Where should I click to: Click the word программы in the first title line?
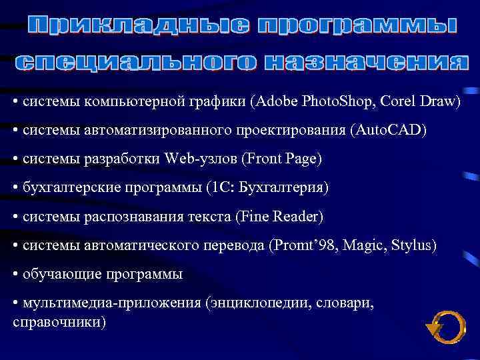point(357,27)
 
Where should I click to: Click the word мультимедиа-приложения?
point(111,303)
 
